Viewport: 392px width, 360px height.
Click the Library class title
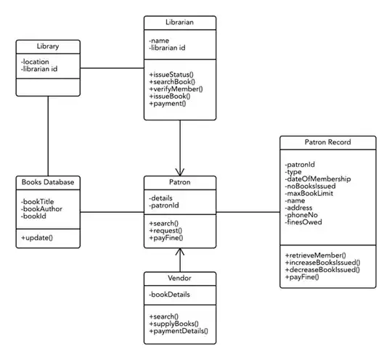(x=48, y=47)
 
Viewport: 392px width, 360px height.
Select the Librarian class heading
(x=179, y=23)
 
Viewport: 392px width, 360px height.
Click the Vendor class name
(x=179, y=279)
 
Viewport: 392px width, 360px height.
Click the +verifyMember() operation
(x=176, y=89)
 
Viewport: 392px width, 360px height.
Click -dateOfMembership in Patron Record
(x=318, y=179)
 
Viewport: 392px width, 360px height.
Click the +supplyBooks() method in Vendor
(x=173, y=324)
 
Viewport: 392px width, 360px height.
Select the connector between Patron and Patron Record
(x=247, y=212)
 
